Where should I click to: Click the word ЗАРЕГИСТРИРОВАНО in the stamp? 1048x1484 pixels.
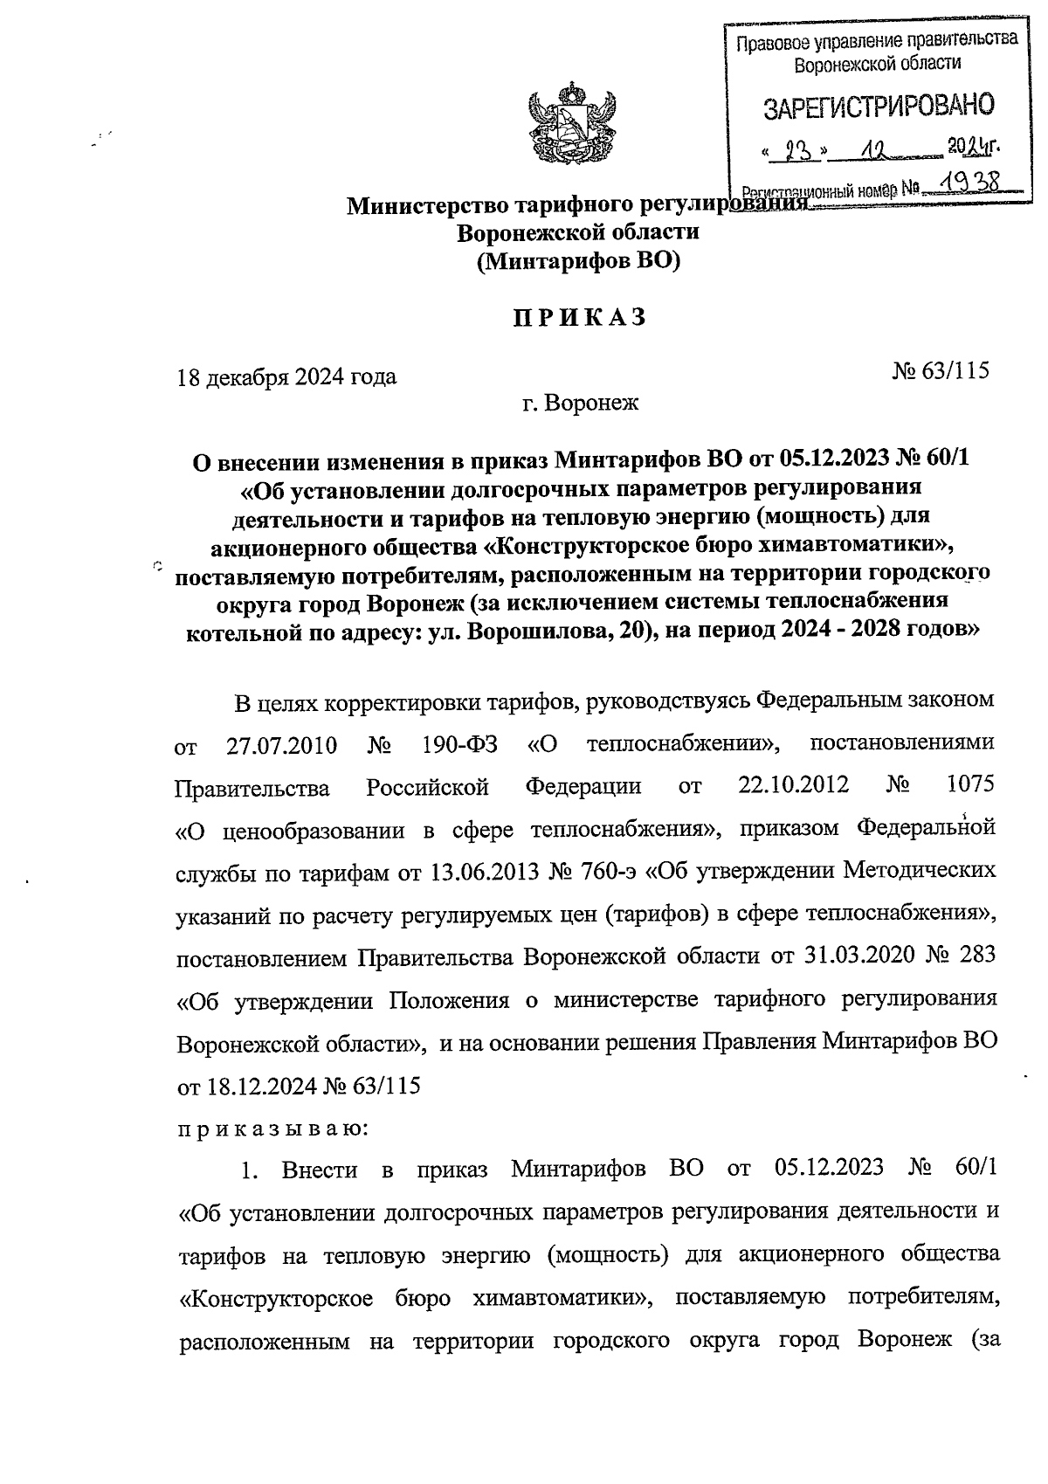pyautogui.click(x=879, y=107)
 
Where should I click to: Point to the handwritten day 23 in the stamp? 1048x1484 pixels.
pyautogui.click(x=795, y=152)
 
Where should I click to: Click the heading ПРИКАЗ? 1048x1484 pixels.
pyautogui.click(x=578, y=317)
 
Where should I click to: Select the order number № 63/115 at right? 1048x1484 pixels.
pyautogui.click(x=940, y=370)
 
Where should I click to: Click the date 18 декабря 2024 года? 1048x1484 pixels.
pyautogui.click(x=286, y=376)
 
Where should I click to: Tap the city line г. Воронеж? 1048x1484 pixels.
pyautogui.click(x=580, y=403)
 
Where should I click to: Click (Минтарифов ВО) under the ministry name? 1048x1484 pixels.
pyautogui.click(x=578, y=260)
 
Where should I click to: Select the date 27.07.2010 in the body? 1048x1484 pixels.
pyautogui.click(x=275, y=747)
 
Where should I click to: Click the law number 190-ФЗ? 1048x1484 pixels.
pyautogui.click(x=459, y=747)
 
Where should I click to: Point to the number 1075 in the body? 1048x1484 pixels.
pyautogui.click(x=970, y=784)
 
